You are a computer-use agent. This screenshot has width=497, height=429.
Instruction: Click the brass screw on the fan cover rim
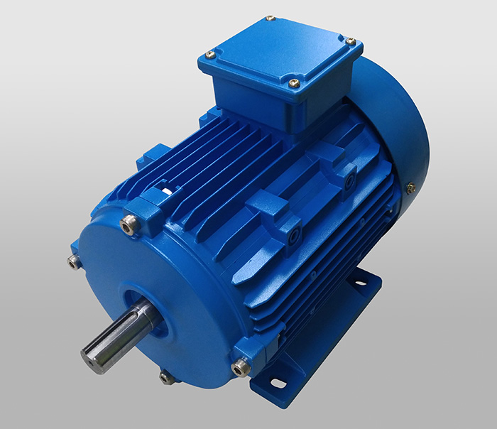pos(410,188)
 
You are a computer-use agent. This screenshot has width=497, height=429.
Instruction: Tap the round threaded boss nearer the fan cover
pos(350,180)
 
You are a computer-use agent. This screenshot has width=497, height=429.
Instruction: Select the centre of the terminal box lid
pos(280,50)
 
